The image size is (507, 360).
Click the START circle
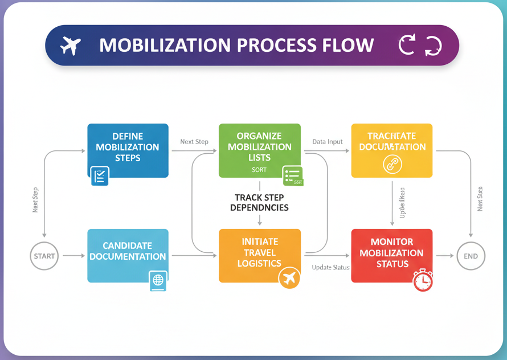tap(44, 256)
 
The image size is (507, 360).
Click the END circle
tap(471, 256)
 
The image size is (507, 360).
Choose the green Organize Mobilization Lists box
tap(259, 147)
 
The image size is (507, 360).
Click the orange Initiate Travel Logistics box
tap(259, 253)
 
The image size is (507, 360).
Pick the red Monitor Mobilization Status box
tap(391, 253)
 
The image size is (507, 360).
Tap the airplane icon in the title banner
tap(71, 45)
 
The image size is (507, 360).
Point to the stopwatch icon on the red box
tap(423, 280)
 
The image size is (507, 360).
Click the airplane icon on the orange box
tap(289, 279)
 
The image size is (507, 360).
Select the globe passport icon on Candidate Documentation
tap(158, 281)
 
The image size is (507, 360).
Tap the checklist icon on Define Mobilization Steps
tap(100, 176)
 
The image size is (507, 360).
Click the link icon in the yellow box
tap(392, 164)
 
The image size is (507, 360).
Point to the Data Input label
tap(328, 142)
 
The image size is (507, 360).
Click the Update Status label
tap(331, 267)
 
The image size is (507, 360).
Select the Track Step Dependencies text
tap(259, 202)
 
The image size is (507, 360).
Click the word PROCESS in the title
tap(279, 45)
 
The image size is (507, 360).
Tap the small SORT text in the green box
tap(259, 170)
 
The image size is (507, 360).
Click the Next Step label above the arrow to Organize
tap(194, 142)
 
